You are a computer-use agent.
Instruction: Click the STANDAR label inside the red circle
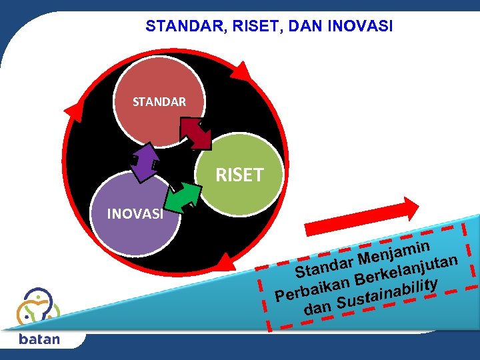tap(159, 102)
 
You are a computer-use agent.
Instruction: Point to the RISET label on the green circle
tap(239, 175)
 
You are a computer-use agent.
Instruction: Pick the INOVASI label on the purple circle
tap(135, 215)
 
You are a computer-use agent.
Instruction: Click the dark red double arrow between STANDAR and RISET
tap(196, 133)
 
